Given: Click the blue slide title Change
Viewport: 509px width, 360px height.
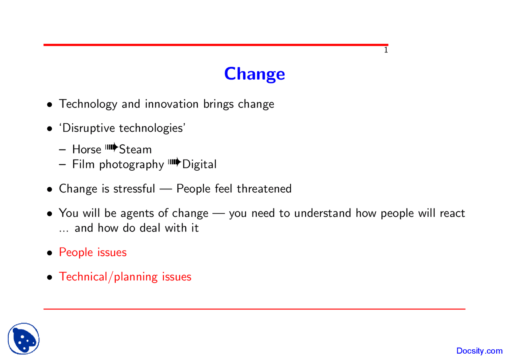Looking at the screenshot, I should pyautogui.click(x=254, y=74).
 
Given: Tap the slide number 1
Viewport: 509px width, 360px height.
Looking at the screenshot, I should pyautogui.click(x=386, y=51).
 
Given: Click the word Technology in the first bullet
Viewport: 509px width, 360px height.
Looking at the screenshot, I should pyautogui.click(x=88, y=104).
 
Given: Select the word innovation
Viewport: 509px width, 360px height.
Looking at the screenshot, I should pyautogui.click(x=171, y=104).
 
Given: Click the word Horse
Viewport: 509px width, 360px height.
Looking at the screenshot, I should pyautogui.click(x=87, y=150).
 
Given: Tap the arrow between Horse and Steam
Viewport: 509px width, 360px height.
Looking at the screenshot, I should pyautogui.click(x=112, y=148).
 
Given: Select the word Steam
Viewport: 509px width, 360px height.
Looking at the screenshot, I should pyautogui.click(x=136, y=150).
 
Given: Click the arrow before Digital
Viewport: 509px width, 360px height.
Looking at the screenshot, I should pyautogui.click(x=174, y=163).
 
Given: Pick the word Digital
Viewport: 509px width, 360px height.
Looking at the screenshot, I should pyautogui.click(x=199, y=164).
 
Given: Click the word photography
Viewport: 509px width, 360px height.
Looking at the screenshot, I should pyautogui.click(x=131, y=165).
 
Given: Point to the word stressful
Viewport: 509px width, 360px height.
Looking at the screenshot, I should pyautogui.click(x=134, y=189).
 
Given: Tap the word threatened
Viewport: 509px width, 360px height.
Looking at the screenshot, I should pyautogui.click(x=264, y=189).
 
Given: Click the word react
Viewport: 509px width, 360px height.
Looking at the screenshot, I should pyautogui.click(x=452, y=214).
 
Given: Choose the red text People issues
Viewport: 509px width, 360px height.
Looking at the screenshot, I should pyautogui.click(x=93, y=252).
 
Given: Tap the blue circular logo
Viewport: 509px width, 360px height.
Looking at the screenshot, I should pyautogui.click(x=23, y=339).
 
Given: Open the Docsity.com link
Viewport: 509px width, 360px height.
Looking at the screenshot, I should pyautogui.click(x=480, y=351).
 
